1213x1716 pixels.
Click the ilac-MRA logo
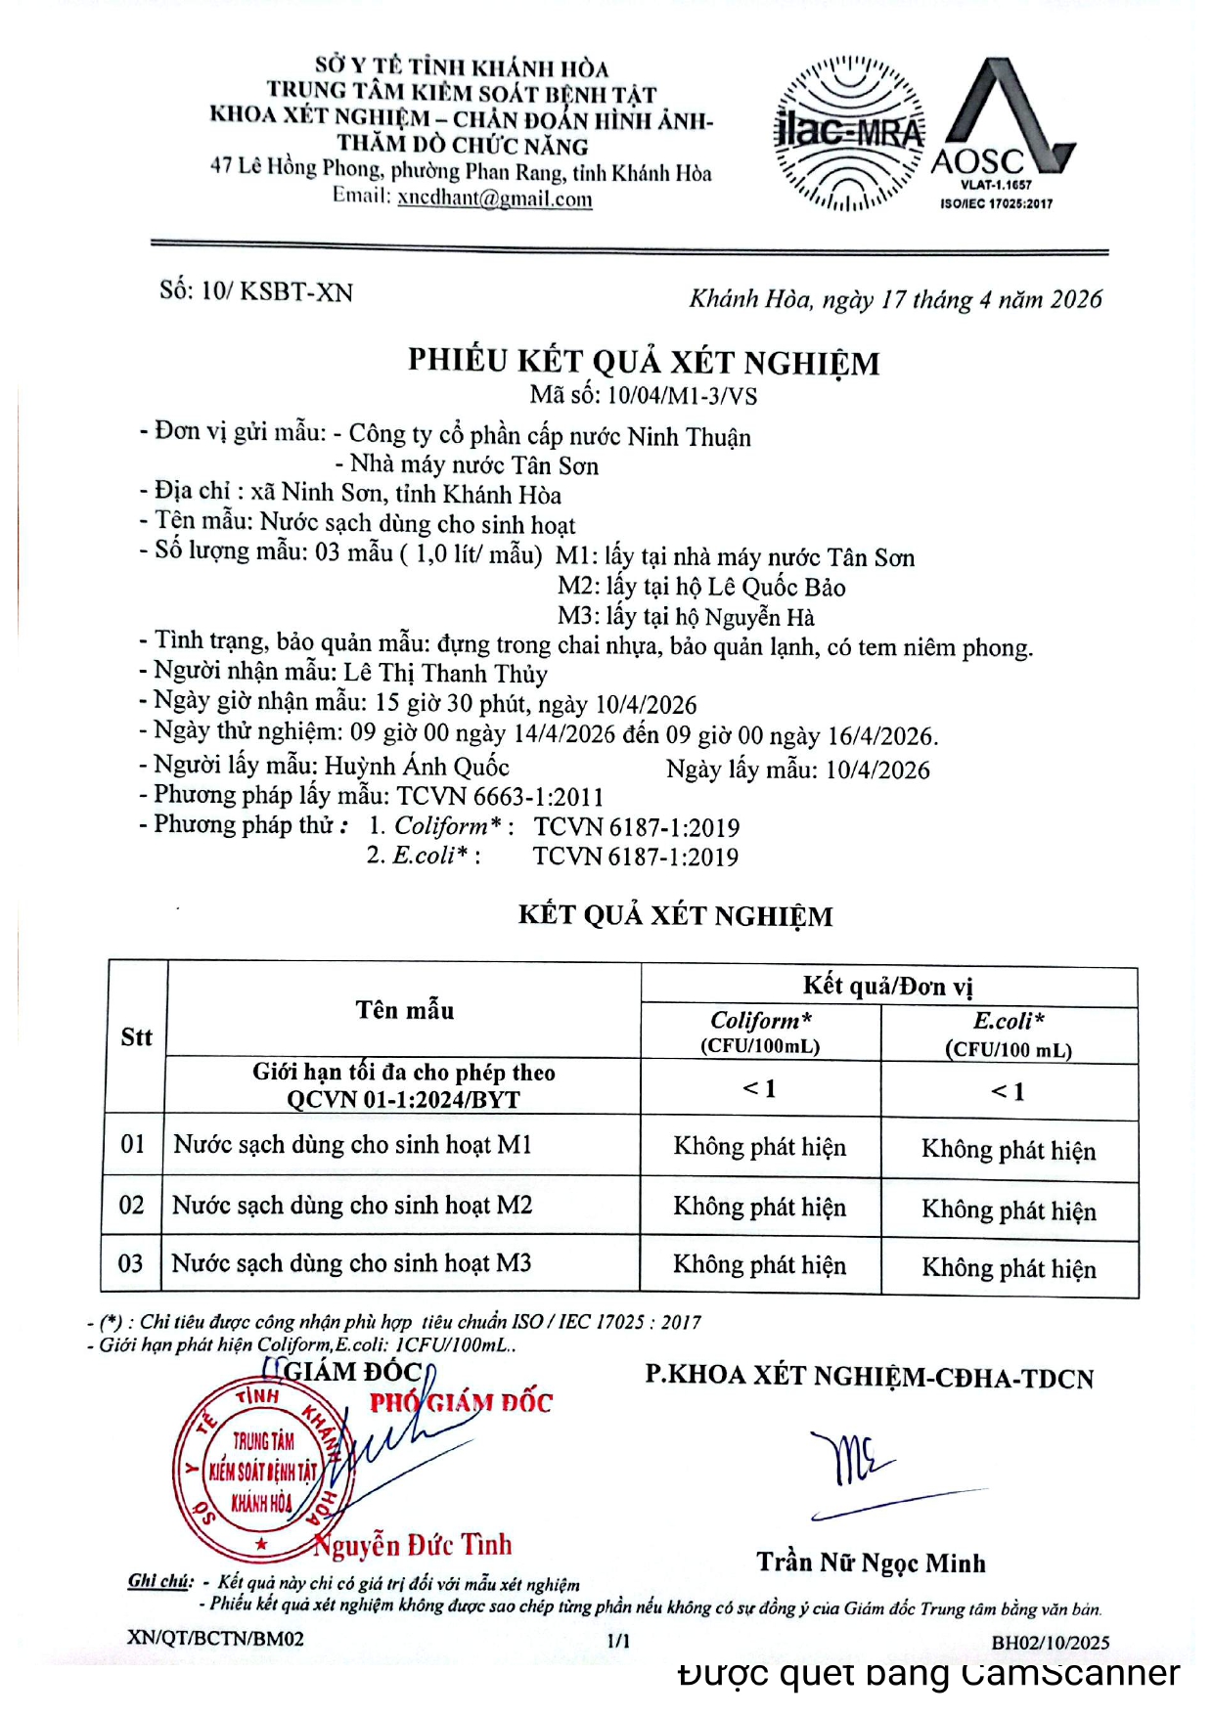pyautogui.click(x=848, y=134)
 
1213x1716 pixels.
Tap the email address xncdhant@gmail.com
pyautogui.click(x=494, y=198)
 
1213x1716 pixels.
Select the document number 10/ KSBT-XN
pyautogui.click(x=277, y=291)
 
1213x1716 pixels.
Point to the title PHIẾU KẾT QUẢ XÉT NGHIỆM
pyautogui.click(x=644, y=362)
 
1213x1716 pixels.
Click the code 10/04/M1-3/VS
pyautogui.click(x=682, y=396)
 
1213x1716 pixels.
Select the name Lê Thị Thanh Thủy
pyautogui.click(x=445, y=673)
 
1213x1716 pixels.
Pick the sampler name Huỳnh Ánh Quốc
pyautogui.click(x=417, y=766)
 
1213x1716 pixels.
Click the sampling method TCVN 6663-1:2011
pyautogui.click(x=500, y=796)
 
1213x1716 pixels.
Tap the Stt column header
pyautogui.click(x=136, y=1036)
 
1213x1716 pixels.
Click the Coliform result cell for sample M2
pyautogui.click(x=759, y=1207)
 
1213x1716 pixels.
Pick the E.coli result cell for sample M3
pyautogui.click(x=1009, y=1268)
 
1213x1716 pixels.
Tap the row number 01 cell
pyautogui.click(x=133, y=1144)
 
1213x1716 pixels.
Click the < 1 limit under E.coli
pyautogui.click(x=1008, y=1090)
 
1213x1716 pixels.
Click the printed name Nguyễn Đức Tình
pyautogui.click(x=413, y=1545)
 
